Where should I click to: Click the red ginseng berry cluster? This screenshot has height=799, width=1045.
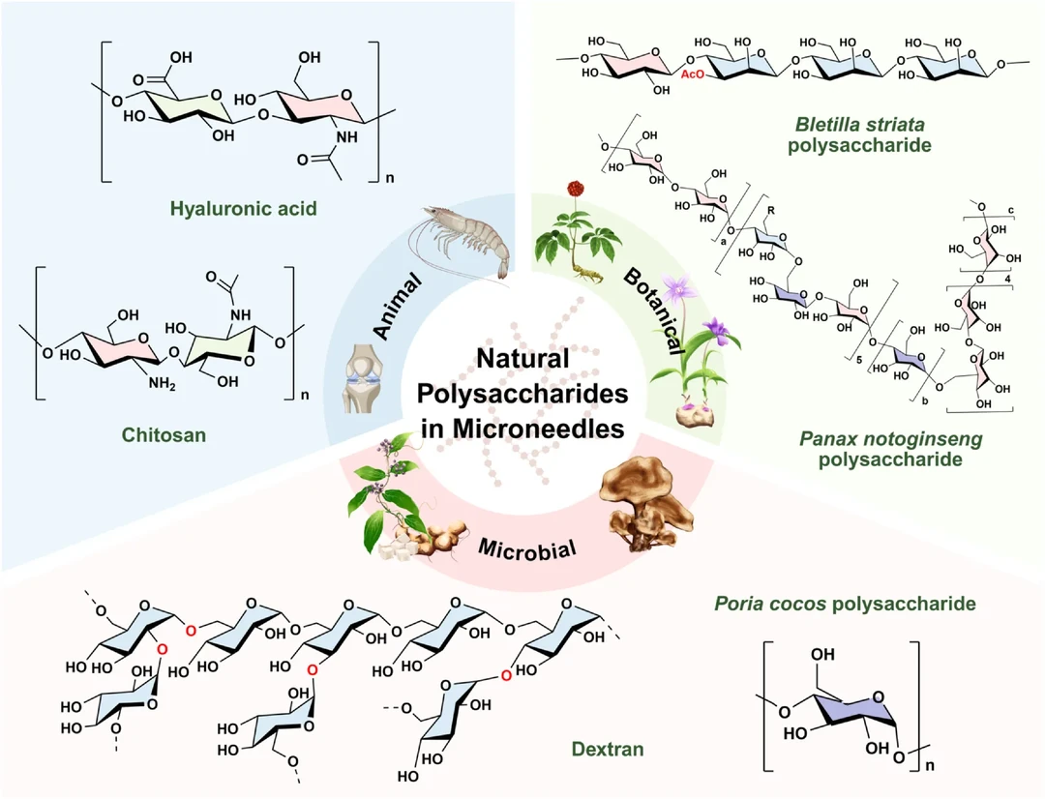tap(578, 186)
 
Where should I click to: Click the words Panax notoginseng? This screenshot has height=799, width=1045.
tap(890, 439)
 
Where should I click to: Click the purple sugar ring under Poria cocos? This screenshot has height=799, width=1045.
tap(852, 702)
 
